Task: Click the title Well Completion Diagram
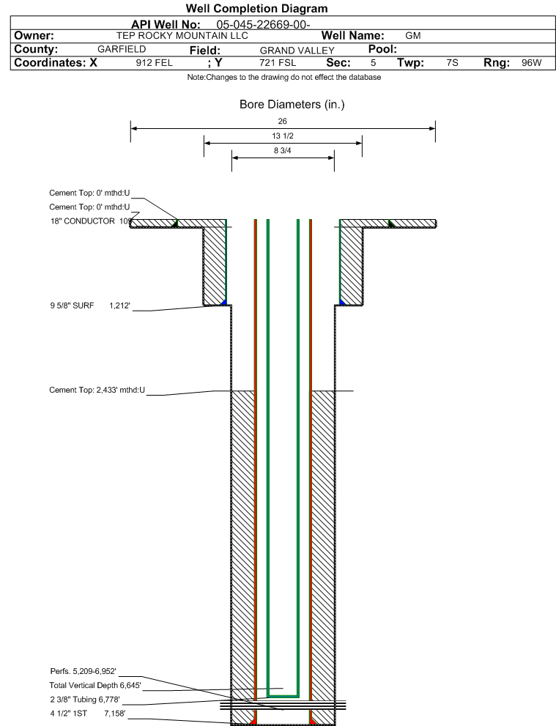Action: (256, 8)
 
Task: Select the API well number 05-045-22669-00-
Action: (263, 24)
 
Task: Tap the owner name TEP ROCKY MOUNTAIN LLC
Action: (182, 36)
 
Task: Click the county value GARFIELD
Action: (122, 49)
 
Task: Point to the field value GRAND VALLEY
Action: (297, 51)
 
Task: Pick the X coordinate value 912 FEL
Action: (154, 63)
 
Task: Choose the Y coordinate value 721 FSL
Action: (278, 63)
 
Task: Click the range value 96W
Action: (531, 63)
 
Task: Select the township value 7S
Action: (452, 63)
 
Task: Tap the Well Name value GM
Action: (413, 36)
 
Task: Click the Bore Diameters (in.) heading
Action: (292, 104)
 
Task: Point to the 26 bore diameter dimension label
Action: (283, 122)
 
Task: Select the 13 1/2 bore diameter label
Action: (283, 136)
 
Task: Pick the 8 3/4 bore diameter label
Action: (283, 150)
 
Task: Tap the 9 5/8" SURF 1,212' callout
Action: (90, 305)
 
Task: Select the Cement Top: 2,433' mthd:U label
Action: (97, 390)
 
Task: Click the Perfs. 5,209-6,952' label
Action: (83, 671)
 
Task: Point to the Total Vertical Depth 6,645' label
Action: (95, 685)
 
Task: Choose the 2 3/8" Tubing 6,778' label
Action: (85, 699)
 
